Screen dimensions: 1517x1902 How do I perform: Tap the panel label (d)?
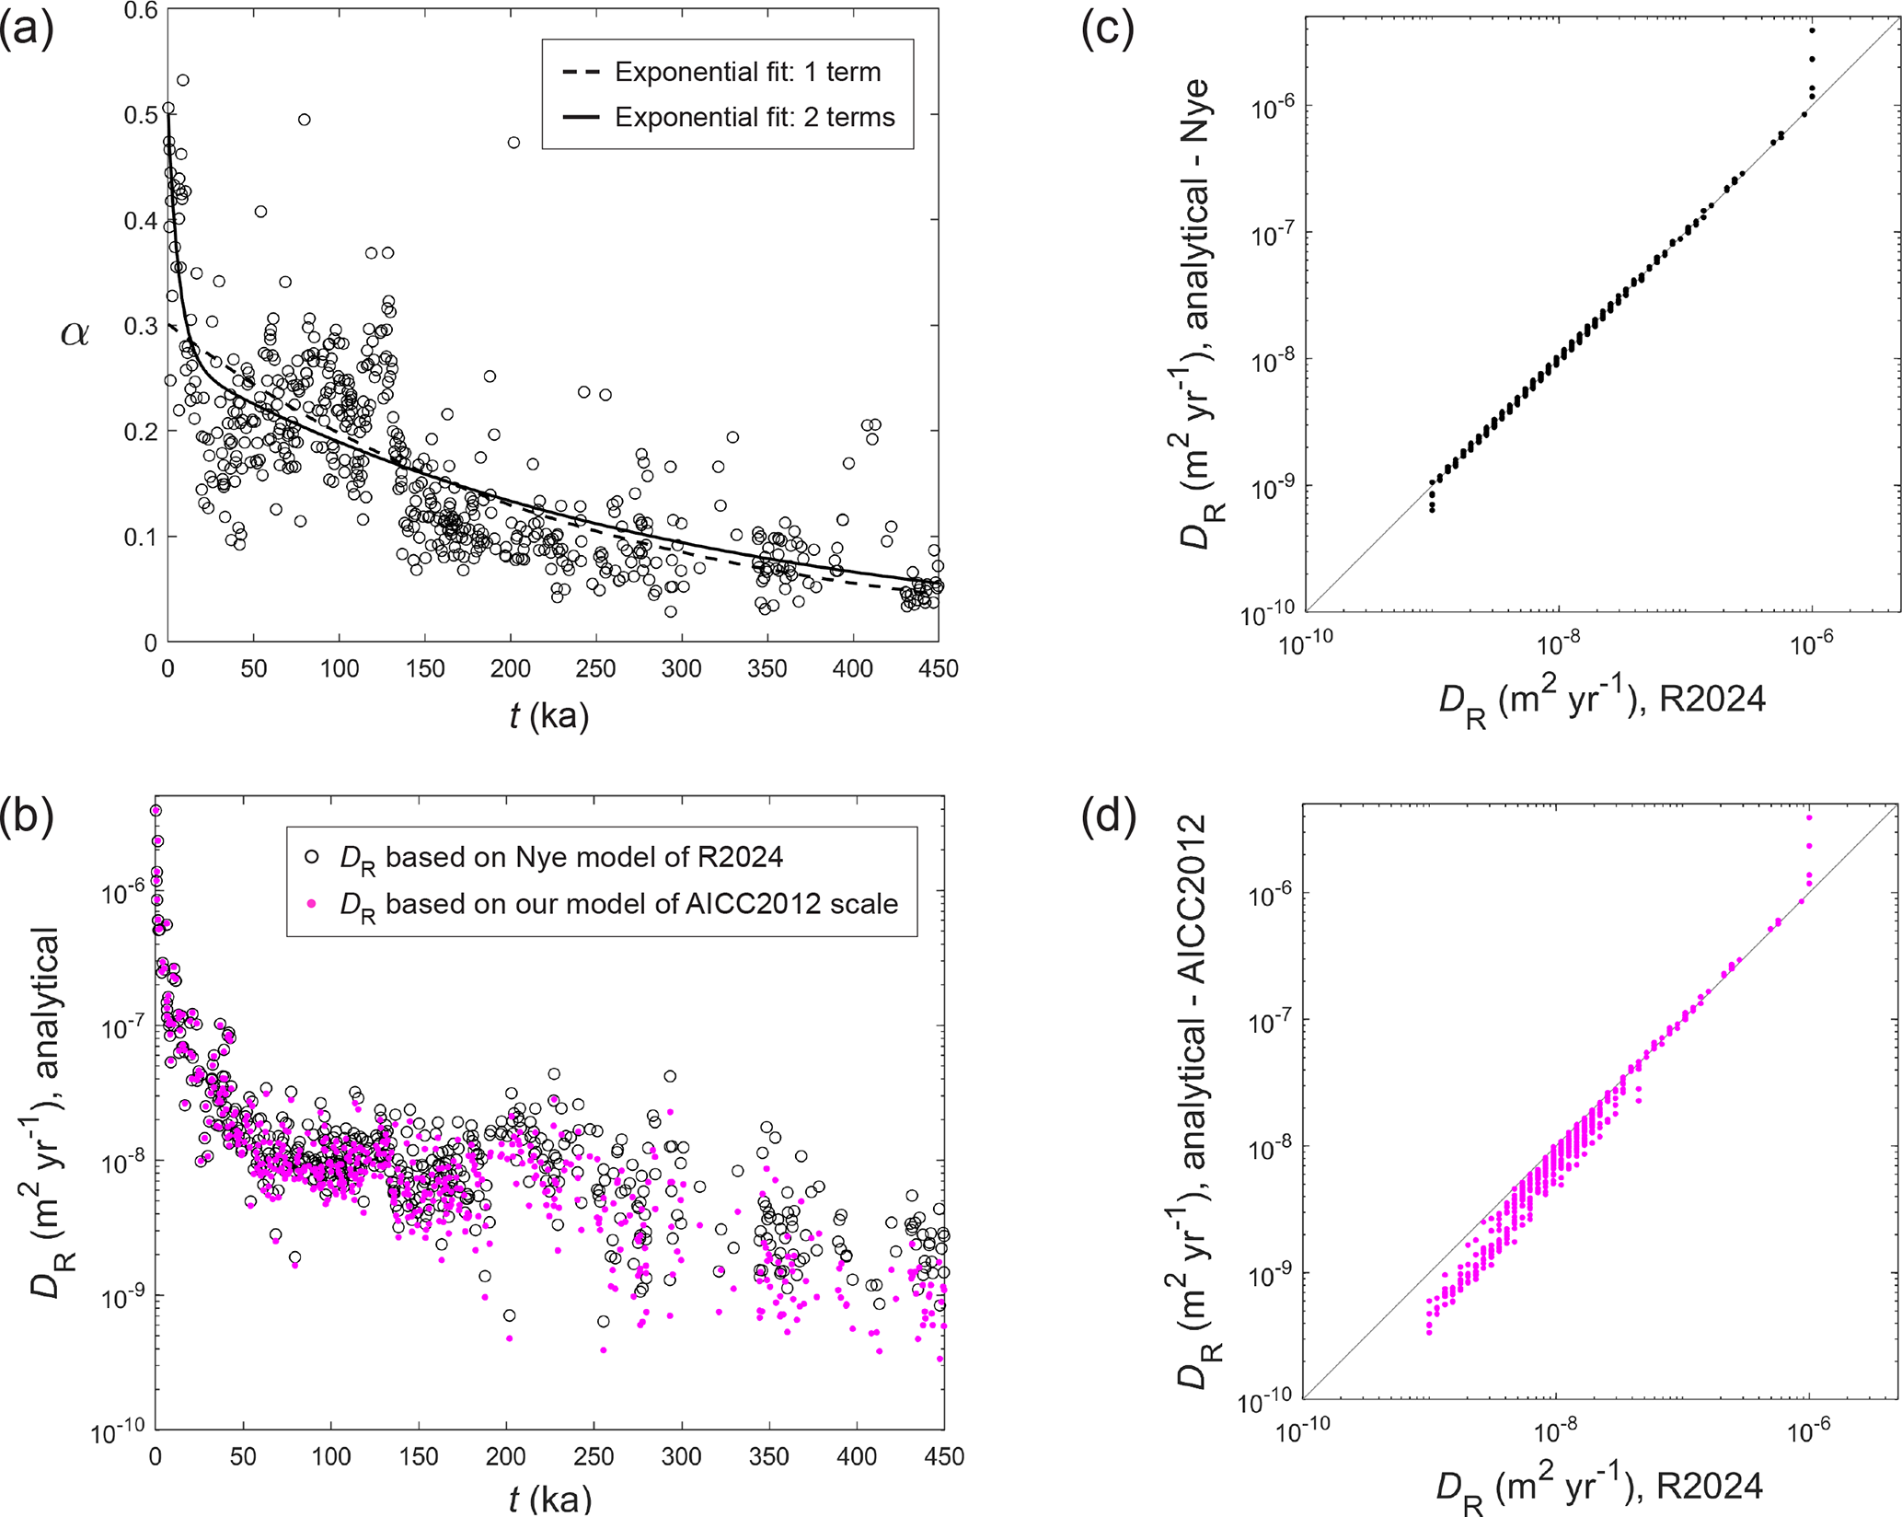coord(1108,818)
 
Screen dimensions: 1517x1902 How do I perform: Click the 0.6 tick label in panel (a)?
coord(140,11)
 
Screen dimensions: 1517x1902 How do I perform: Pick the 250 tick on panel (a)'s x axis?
coord(595,668)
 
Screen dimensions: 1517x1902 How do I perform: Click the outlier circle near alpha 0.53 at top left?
coord(183,80)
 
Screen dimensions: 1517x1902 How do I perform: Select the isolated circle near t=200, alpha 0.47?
coord(513,142)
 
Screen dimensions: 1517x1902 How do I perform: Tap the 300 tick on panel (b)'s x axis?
coord(681,1456)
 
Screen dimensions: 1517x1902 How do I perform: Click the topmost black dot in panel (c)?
coord(1812,29)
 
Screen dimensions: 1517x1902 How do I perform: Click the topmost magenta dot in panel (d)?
coord(1809,817)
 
